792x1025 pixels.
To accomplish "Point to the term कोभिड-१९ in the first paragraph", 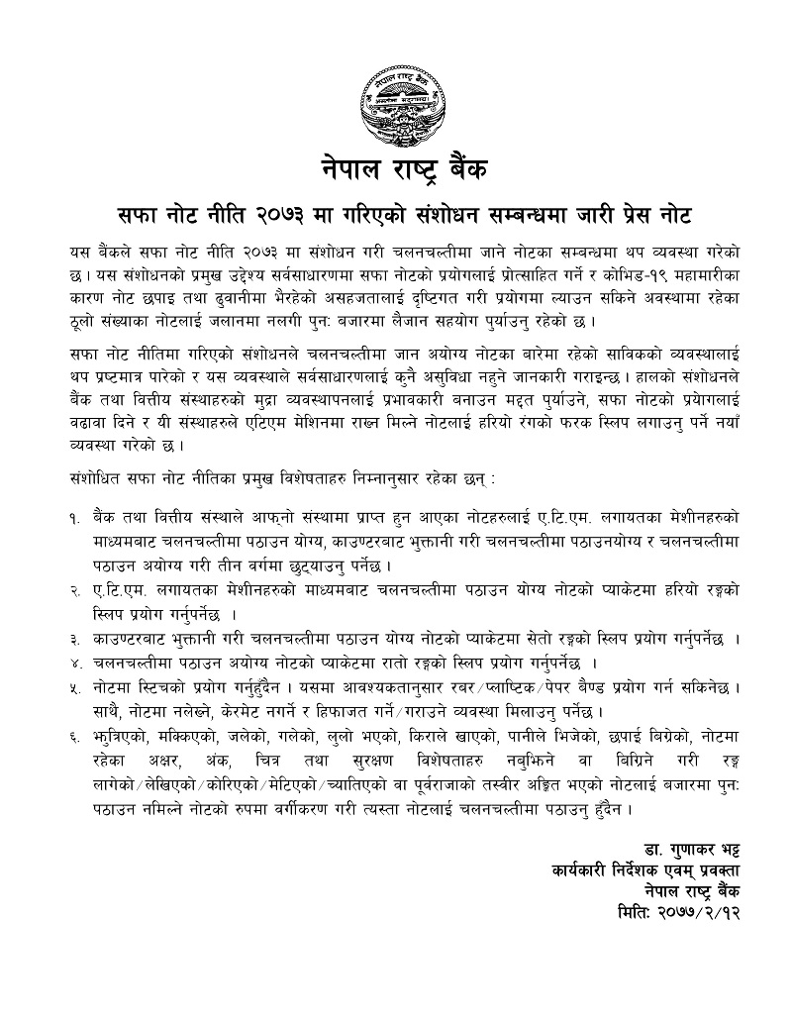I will click(613, 271).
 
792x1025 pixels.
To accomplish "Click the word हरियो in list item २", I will click(656, 591).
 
